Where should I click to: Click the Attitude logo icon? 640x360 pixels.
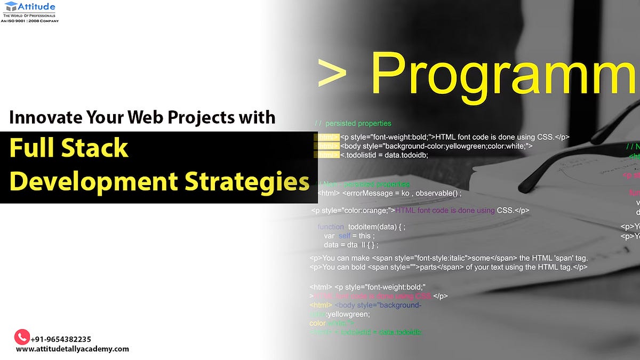[11, 7]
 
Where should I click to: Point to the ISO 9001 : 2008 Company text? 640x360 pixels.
[30, 21]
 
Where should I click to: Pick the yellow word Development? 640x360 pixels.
[94, 182]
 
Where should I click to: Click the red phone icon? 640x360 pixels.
[21, 337]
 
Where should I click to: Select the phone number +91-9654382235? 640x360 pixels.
[61, 339]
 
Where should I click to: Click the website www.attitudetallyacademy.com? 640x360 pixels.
[73, 349]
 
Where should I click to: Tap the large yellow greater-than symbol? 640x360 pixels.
[332, 73]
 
